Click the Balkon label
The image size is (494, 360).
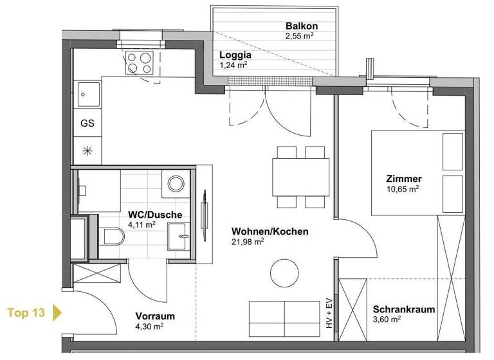(x=302, y=26)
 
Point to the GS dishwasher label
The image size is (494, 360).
(x=87, y=123)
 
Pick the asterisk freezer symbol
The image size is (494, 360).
(x=87, y=151)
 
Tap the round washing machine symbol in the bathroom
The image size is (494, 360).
(x=176, y=184)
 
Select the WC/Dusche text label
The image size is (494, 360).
(x=155, y=215)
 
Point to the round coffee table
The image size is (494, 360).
(x=284, y=273)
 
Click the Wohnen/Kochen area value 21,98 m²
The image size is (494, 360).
(x=248, y=242)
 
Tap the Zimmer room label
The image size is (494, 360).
(x=403, y=179)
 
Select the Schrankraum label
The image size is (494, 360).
(x=403, y=309)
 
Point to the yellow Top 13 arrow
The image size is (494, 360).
(x=57, y=313)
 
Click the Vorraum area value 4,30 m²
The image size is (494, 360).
(x=149, y=327)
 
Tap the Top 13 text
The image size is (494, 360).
(x=26, y=313)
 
